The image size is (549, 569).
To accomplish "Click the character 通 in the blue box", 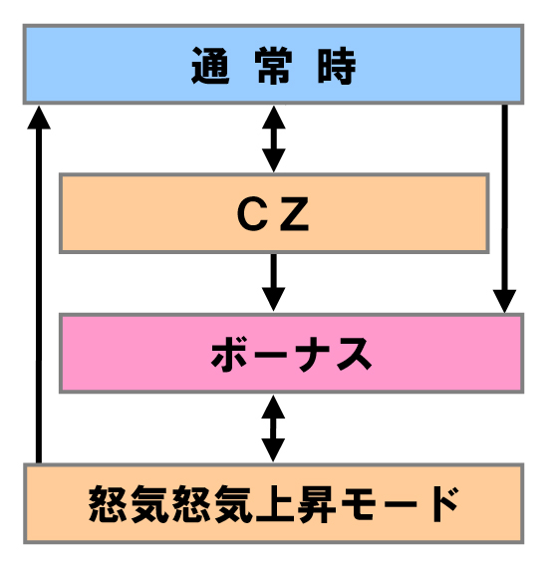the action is pos(210,66).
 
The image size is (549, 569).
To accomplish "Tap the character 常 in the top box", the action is pos(274,66).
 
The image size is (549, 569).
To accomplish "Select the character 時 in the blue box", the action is pos(337,66).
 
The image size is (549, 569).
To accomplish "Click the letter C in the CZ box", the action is pos(252,214).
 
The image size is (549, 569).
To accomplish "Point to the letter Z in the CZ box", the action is pos(294,214).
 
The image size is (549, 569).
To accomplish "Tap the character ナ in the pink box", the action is pos(312,354).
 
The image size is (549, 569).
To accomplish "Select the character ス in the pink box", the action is pos(354,354).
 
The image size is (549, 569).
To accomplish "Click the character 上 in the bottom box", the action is pos(275,503).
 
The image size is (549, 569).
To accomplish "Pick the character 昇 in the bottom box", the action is pos(317,503).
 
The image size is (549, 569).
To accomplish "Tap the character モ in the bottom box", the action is pos(359,503).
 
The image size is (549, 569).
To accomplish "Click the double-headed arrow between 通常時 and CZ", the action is pos(274,139).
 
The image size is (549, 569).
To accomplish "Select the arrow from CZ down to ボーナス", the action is pos(274,282).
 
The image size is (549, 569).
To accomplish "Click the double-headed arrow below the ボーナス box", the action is pos(273,428).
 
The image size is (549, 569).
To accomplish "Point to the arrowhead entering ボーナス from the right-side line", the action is pos(504,301).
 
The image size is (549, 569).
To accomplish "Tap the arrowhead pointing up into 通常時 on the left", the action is pos(39,118).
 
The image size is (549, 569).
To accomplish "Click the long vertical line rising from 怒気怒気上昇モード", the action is pos(39,285).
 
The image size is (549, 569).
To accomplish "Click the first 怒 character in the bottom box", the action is pos(107,503).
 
